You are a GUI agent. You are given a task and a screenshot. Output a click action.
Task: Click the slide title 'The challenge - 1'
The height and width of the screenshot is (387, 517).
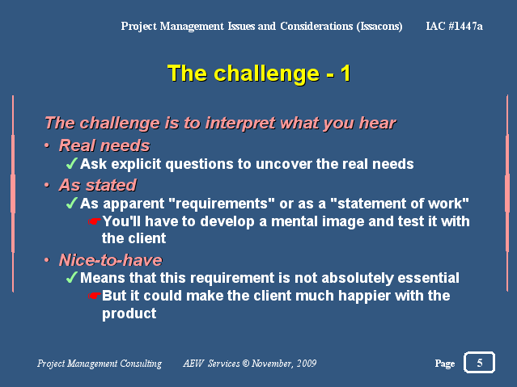(x=259, y=74)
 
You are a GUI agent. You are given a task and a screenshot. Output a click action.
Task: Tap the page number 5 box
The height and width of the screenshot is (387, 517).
(x=479, y=362)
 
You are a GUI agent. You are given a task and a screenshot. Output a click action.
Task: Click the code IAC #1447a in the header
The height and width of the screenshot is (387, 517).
(x=454, y=26)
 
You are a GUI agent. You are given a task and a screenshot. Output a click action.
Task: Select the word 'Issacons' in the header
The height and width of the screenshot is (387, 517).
(x=379, y=26)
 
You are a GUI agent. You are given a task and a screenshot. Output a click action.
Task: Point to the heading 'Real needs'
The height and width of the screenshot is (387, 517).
(x=104, y=145)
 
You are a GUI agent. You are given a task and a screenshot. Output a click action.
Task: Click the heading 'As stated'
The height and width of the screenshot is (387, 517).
(x=97, y=185)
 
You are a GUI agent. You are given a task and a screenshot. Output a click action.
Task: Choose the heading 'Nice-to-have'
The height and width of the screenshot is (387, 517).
(x=111, y=260)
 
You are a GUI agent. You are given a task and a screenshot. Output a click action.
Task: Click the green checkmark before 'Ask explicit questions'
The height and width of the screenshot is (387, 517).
(x=71, y=163)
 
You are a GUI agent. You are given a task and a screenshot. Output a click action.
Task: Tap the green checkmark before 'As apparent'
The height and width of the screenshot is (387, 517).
(x=71, y=203)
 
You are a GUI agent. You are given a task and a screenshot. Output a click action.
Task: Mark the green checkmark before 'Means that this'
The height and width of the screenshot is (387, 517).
(x=71, y=277)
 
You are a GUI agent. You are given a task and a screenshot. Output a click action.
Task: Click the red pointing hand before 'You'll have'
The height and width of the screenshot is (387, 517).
(x=95, y=221)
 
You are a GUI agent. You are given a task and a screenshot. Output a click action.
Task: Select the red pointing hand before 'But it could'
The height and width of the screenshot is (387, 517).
(x=95, y=296)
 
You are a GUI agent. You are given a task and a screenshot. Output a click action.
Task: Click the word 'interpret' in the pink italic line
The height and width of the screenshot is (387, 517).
(x=240, y=124)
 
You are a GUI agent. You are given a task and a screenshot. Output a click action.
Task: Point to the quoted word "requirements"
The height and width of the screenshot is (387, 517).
(x=222, y=204)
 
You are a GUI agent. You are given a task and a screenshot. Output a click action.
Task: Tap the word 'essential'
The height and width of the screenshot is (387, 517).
(x=428, y=278)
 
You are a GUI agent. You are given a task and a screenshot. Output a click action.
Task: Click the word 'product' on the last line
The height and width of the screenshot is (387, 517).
(x=129, y=313)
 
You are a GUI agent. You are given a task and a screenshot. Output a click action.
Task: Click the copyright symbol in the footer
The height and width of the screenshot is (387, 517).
(x=246, y=364)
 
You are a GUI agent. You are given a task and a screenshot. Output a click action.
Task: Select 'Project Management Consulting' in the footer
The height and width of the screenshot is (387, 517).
(x=100, y=364)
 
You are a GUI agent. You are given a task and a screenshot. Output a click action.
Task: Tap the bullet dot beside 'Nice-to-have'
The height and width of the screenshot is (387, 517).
(x=47, y=260)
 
